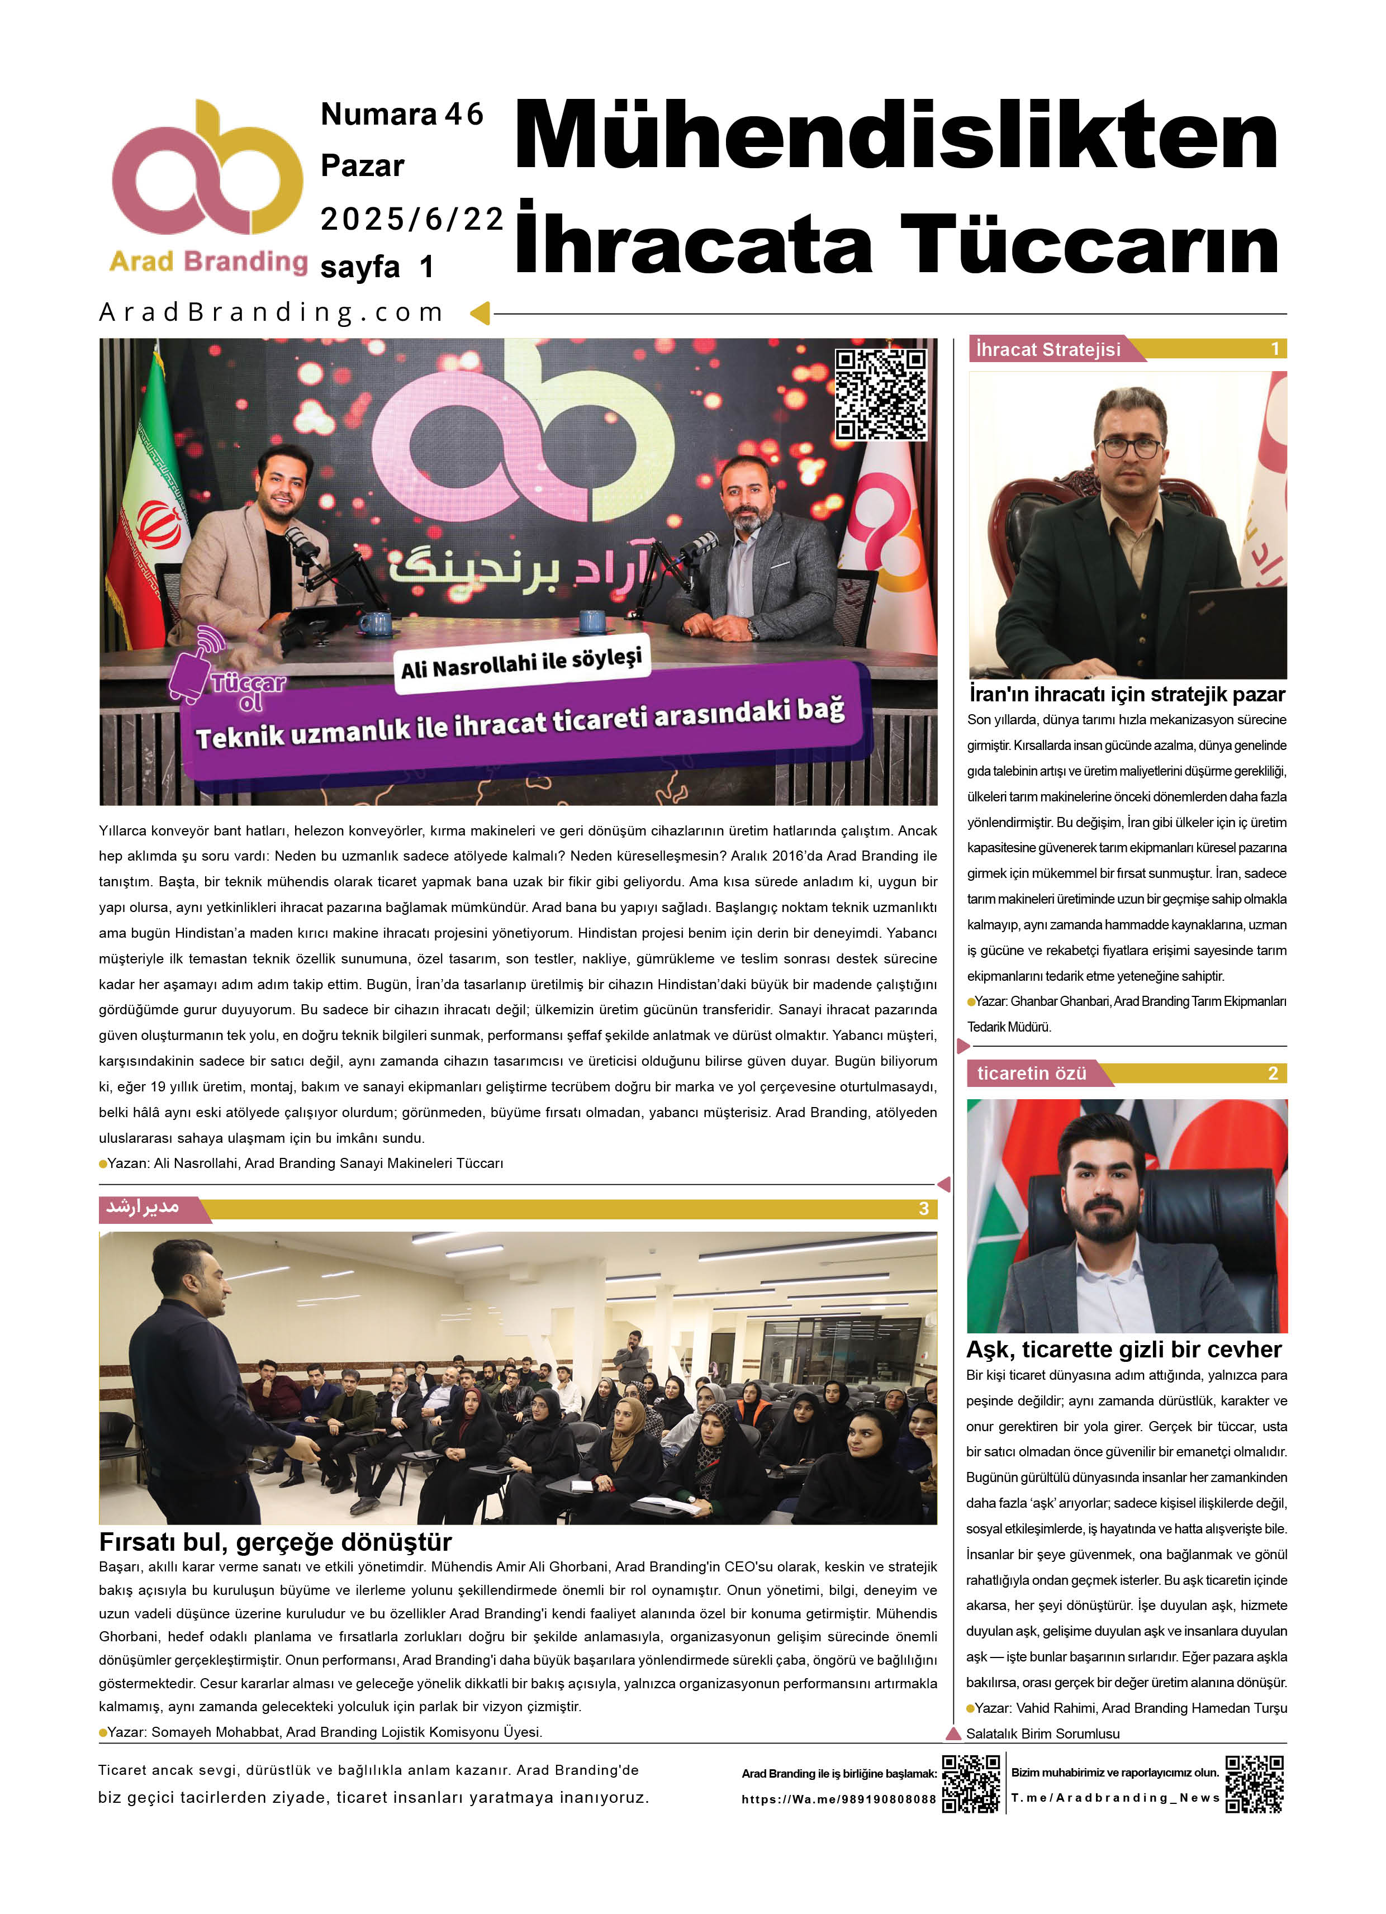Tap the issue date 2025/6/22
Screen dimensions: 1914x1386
click(x=411, y=220)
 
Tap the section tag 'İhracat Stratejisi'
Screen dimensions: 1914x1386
click(x=1048, y=349)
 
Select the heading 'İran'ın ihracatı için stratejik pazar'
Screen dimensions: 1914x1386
click(x=1127, y=695)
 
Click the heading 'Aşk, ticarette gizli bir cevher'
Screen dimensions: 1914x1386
click(x=1123, y=1350)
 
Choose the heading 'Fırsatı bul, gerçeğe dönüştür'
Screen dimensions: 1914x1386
click(x=275, y=1542)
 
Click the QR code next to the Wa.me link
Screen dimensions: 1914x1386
click(x=971, y=1784)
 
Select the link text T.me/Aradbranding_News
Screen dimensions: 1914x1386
click(x=1115, y=1798)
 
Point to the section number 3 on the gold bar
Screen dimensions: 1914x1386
click(x=923, y=1209)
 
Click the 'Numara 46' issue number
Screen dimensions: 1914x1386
click(x=402, y=115)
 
